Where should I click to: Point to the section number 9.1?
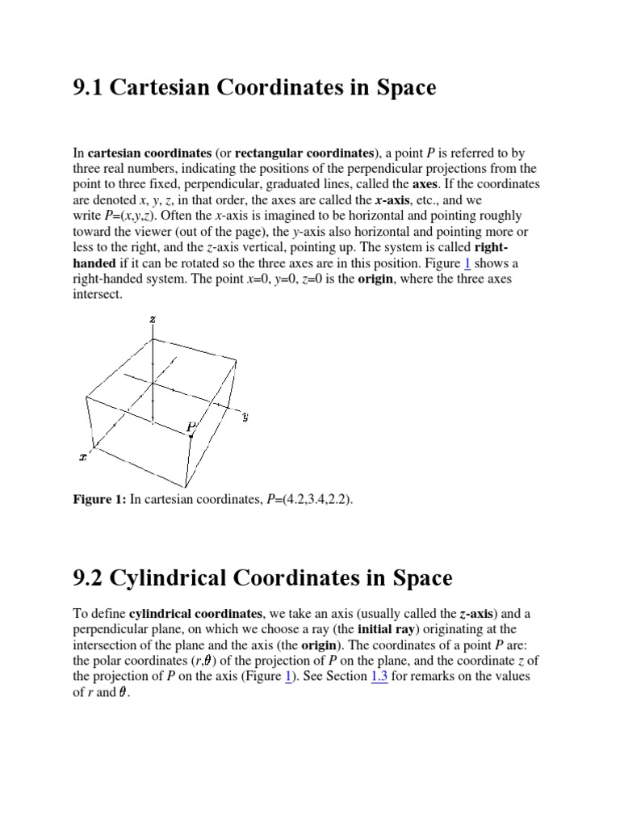(x=87, y=87)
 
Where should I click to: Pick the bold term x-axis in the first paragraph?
(x=397, y=199)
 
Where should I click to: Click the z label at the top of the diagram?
(x=153, y=319)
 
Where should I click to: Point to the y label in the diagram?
(x=245, y=417)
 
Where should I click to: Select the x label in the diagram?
(x=82, y=457)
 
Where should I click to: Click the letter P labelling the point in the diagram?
(x=191, y=426)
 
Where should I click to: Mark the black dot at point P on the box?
(x=192, y=435)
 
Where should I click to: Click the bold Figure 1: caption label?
(x=99, y=499)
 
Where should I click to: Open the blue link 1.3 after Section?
(x=379, y=676)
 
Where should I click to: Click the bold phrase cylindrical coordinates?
(x=191, y=613)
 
